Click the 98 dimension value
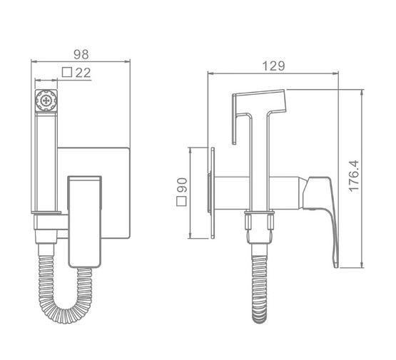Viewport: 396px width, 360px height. [81, 54]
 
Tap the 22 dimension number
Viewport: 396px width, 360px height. [83, 73]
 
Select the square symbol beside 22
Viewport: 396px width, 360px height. [67, 72]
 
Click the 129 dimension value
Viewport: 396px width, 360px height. [274, 66]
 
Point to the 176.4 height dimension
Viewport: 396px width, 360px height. [354, 176]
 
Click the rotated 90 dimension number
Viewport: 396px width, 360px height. [181, 185]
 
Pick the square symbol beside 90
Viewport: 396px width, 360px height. [181, 201]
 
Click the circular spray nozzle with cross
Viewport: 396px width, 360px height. [46, 101]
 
